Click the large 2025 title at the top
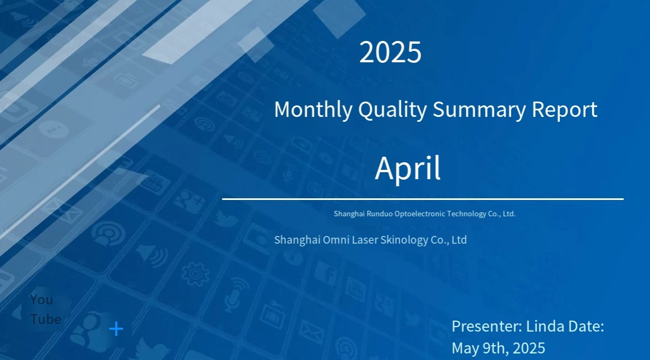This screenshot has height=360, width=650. pyautogui.click(x=390, y=52)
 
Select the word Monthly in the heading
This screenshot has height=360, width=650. pyautogui.click(x=313, y=110)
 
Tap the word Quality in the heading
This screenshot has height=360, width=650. pyautogui.click(x=392, y=110)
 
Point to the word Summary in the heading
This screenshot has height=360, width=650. pyautogui.click(x=479, y=110)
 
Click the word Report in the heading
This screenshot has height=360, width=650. pyautogui.click(x=564, y=110)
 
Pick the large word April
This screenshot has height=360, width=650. pyautogui.click(x=407, y=168)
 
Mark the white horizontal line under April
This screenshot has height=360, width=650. pyautogui.click(x=423, y=199)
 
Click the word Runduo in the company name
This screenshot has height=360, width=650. pyautogui.click(x=379, y=214)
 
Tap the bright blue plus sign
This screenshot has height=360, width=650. pyautogui.click(x=116, y=329)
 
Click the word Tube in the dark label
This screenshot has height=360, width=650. pyautogui.click(x=45, y=320)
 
